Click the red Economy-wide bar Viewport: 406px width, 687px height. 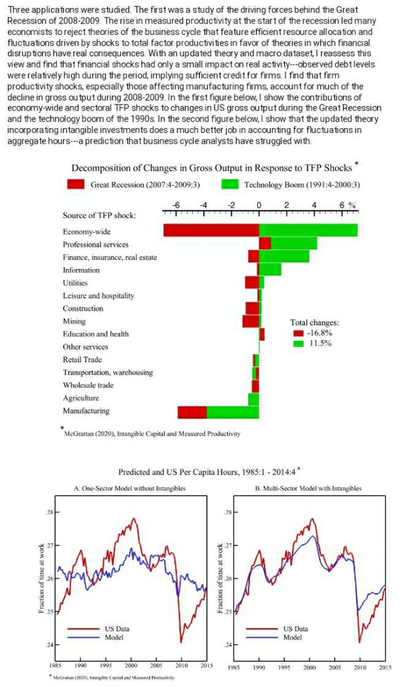pyautogui.click(x=211, y=230)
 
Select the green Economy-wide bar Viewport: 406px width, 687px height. pyautogui.click(x=308, y=230)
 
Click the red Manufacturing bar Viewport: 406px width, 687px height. pyautogui.click(x=192, y=411)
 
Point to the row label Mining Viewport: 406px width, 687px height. pyautogui.click(x=74, y=321)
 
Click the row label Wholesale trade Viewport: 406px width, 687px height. pyautogui.click(x=88, y=385)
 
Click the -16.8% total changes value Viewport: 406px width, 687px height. pyautogui.click(x=319, y=333)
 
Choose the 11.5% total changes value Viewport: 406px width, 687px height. pyautogui.click(x=319, y=343)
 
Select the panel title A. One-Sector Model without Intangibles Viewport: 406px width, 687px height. pyautogui.click(x=127, y=488)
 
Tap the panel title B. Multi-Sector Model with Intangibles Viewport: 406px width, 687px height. pyautogui.click(x=308, y=488)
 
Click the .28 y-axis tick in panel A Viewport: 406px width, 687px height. pyautogui.click(x=50, y=513)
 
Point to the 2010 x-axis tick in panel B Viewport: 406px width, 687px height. pyautogui.click(x=360, y=668)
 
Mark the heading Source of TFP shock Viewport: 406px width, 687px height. pyautogui.click(x=99, y=215)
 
